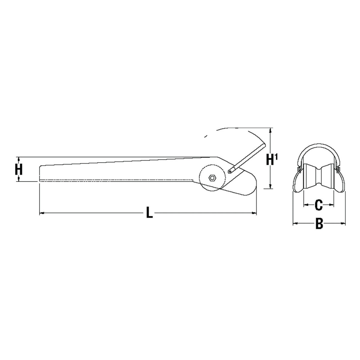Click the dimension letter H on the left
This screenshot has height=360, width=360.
tap(19, 169)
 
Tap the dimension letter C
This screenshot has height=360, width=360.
tap(319, 205)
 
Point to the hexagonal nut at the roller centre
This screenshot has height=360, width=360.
tap(212, 178)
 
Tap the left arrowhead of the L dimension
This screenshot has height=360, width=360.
tap(42, 213)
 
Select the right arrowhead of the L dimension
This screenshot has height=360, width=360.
tap(254, 213)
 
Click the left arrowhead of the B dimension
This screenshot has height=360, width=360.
tap(295, 223)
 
